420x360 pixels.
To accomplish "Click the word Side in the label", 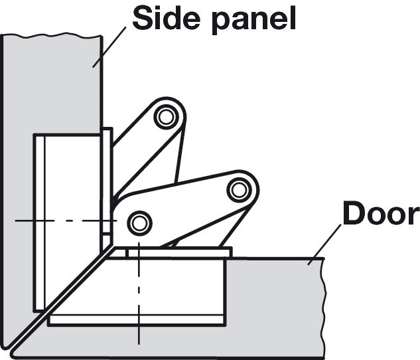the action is coord(166,18).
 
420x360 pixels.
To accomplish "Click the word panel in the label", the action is coord(254,21).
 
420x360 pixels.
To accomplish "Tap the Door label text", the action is coord(382,213).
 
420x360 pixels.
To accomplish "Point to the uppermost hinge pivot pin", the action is coord(167,117).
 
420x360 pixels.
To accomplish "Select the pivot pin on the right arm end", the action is coord(240,190).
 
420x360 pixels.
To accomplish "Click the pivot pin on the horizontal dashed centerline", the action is coord(139,223).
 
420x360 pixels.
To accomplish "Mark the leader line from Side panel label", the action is coord(109,47).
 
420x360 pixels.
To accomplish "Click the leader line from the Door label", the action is coord(324,244).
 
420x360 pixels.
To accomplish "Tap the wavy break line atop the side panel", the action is coord(52,35).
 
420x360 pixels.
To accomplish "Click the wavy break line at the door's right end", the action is coord(324,308).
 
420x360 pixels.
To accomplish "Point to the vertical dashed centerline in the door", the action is coord(139,294).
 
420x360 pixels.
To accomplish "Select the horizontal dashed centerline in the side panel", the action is coord(66,221).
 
